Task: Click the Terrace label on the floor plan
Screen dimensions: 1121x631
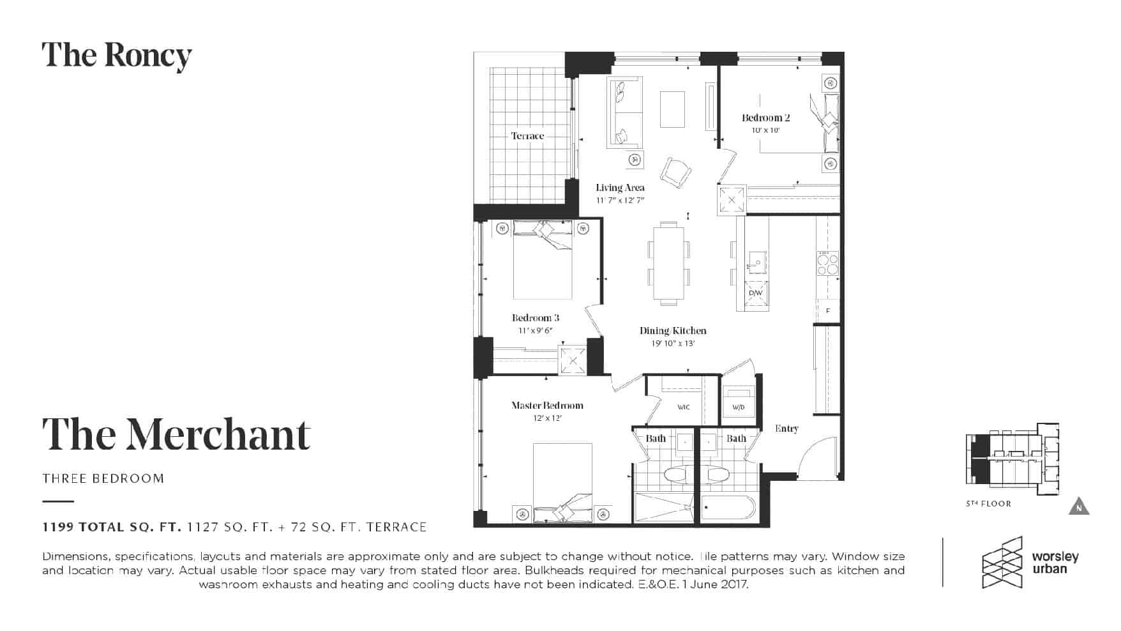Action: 527,136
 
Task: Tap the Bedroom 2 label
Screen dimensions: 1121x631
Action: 765,118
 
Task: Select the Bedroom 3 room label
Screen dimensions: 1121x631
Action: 536,317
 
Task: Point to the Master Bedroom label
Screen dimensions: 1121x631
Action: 547,405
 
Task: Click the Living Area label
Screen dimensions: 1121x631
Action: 620,187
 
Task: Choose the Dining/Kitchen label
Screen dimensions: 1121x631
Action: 673,330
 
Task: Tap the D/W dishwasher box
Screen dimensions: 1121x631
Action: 756,293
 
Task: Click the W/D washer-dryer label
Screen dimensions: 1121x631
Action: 738,407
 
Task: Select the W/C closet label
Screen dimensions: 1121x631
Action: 683,407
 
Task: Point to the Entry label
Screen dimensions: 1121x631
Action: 786,429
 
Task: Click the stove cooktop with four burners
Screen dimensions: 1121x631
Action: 827,263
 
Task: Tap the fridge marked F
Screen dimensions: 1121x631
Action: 828,311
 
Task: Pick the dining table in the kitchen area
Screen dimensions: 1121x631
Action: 669,263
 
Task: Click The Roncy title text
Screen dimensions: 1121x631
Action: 117,56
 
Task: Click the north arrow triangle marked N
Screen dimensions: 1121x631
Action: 1079,506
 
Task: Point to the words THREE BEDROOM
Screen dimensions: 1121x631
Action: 103,478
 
